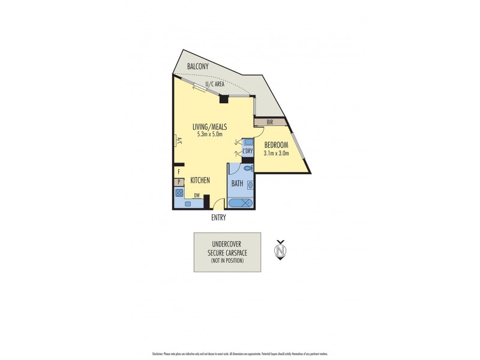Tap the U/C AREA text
[214, 85]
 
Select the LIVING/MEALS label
[209, 127]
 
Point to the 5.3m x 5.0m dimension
[209, 134]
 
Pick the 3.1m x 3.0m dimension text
[275, 154]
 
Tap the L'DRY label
[248, 151]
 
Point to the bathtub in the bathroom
[241, 203]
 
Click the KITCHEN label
[200, 180]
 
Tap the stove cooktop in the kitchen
[179, 193]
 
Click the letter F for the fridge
[178, 172]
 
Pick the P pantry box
[178, 182]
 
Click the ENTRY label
[219, 218]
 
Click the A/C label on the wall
[177, 141]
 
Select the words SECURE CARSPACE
[227, 253]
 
